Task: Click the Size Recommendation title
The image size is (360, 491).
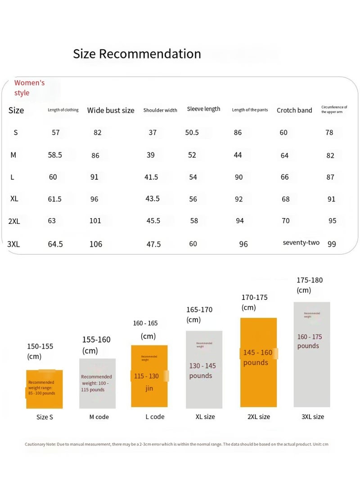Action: [137, 54]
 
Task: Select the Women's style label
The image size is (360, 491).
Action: [29, 88]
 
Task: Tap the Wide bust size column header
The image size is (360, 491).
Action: [111, 110]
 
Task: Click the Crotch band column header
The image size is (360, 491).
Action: [294, 110]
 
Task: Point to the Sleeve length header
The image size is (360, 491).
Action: [203, 109]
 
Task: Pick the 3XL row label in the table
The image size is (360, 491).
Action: [13, 244]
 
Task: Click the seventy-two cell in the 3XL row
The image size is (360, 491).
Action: [301, 243]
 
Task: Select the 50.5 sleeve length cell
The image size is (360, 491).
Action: [192, 133]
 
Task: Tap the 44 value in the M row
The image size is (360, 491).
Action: [238, 155]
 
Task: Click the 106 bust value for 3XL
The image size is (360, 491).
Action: [95, 244]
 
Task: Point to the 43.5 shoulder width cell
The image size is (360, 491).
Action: [153, 198]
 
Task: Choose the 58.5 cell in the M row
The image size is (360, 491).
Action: [55, 155]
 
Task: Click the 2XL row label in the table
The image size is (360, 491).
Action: [14, 221]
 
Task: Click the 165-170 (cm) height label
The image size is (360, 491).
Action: [199, 314]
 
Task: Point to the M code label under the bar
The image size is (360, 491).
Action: [99, 417]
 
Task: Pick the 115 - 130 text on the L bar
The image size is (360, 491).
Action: [146, 376]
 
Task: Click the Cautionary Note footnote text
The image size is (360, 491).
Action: [176, 444]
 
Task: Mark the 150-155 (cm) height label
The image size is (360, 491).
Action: [40, 351]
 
